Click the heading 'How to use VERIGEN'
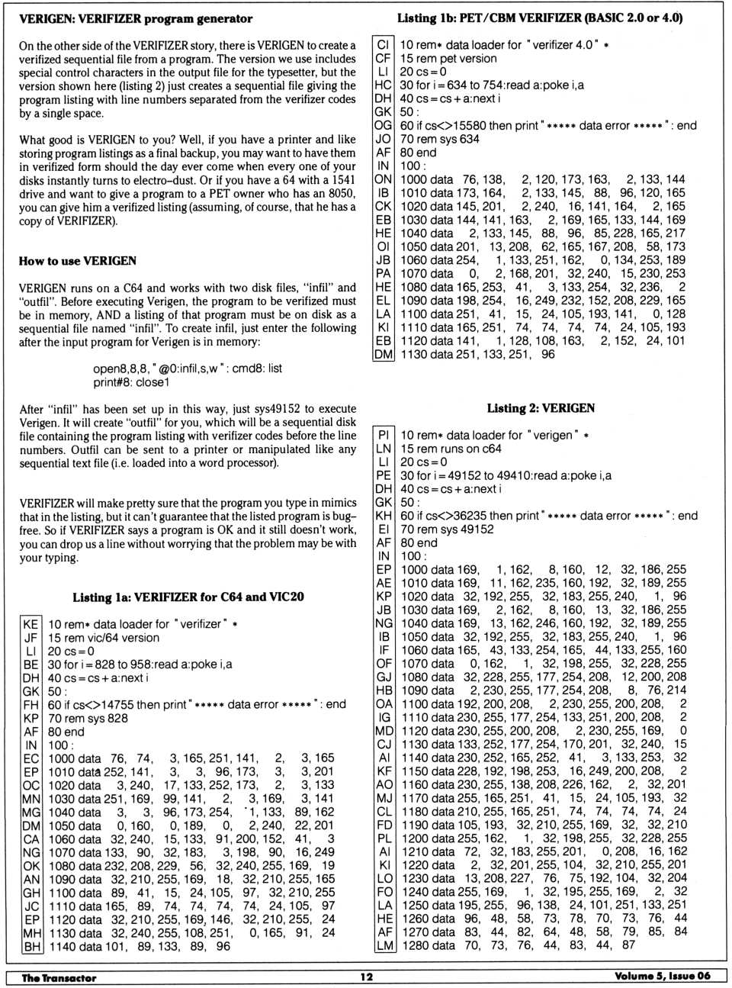click(78, 261)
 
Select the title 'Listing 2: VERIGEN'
click(541, 408)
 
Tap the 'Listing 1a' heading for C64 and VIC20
click(188, 597)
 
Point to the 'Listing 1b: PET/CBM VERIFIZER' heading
click(540, 18)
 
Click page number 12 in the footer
click(367, 977)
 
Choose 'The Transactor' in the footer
click(59, 977)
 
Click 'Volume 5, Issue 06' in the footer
click(662, 976)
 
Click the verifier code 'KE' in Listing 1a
click(30, 624)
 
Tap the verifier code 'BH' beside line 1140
click(31, 946)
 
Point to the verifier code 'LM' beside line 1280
click(384, 945)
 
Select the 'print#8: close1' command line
click(131, 382)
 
